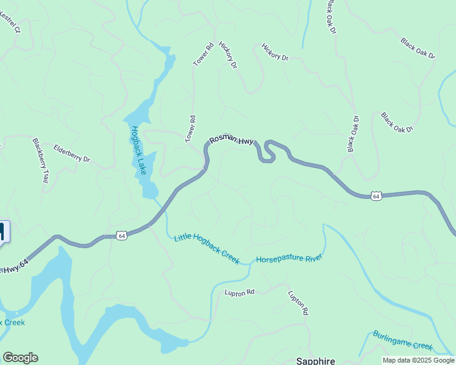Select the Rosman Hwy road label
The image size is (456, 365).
[x=231, y=140]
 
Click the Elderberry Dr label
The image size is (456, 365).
[x=71, y=153]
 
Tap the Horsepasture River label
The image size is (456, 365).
[x=288, y=259]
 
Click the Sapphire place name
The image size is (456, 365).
[x=316, y=360]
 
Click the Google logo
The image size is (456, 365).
[x=20, y=358]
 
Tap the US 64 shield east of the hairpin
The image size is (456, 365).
[x=376, y=196]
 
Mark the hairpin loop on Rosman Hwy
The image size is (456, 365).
[x=268, y=152]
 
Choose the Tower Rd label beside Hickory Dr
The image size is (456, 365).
[x=203, y=55]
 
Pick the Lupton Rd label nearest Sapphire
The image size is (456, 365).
[x=298, y=302]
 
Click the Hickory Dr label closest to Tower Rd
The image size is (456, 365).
[x=227, y=55]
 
